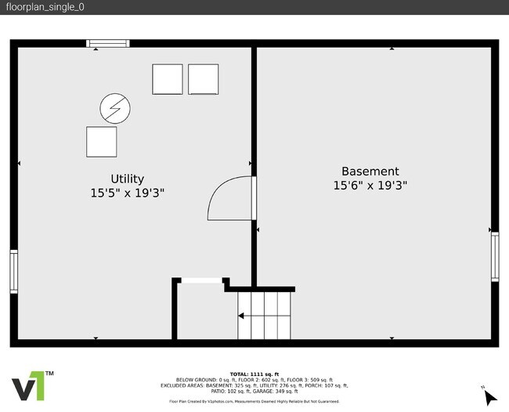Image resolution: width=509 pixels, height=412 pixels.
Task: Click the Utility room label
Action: click(127, 179)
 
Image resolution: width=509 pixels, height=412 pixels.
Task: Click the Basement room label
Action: click(370, 171)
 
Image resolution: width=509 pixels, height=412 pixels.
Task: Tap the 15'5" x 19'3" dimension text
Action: click(127, 193)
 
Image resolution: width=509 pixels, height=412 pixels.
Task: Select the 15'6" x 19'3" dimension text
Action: click(370, 186)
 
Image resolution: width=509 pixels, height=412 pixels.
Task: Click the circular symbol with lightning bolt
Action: click(115, 108)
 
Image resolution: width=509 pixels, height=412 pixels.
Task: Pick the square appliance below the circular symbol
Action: click(101, 142)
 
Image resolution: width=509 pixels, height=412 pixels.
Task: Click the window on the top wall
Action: click(107, 43)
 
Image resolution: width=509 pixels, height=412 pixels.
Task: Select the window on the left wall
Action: click(13, 271)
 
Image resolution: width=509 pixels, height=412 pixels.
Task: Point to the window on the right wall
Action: click(494, 257)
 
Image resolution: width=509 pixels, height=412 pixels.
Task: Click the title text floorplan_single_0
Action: click(45, 7)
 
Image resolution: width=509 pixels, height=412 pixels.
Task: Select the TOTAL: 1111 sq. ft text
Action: click(254, 374)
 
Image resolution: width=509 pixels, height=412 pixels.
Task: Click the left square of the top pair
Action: click(167, 79)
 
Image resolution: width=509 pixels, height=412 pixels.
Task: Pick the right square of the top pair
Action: click(204, 79)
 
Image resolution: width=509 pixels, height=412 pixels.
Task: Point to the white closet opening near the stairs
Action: click(201, 280)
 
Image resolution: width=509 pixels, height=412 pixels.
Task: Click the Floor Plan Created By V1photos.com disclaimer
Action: click(254, 402)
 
